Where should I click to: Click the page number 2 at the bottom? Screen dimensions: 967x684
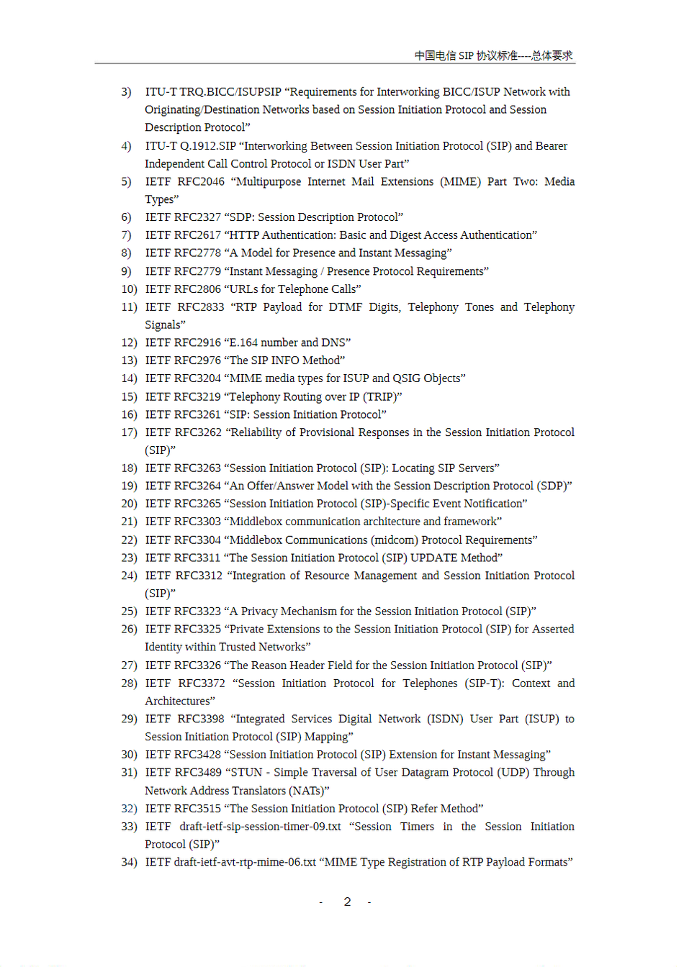[x=347, y=902]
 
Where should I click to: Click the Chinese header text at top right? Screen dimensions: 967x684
[x=493, y=55]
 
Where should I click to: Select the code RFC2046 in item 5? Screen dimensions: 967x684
[x=201, y=181]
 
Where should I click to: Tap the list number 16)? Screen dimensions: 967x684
[x=129, y=414]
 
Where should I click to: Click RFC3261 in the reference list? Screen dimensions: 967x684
[x=197, y=414]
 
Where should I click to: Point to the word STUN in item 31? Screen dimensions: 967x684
[x=246, y=772]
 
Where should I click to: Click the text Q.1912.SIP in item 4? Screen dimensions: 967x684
[x=208, y=145]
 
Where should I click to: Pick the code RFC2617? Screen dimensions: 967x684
[x=197, y=235]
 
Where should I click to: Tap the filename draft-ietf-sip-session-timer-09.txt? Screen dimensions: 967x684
[x=260, y=826]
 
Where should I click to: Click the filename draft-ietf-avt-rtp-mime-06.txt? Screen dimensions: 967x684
[x=245, y=862]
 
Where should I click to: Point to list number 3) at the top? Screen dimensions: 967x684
[x=127, y=92]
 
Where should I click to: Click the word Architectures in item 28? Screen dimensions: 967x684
[x=178, y=701]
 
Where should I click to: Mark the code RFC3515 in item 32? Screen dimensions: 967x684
[x=197, y=808]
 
